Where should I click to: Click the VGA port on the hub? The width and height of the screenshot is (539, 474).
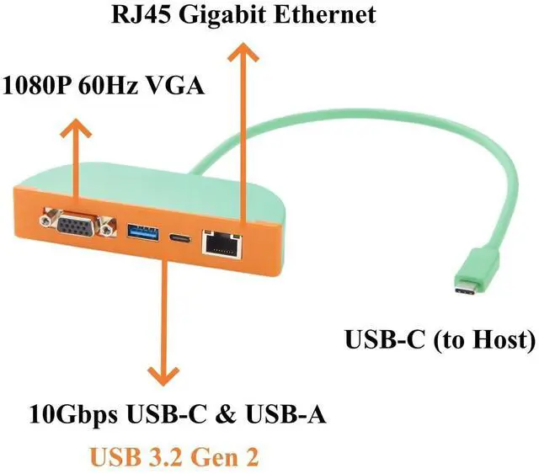77,224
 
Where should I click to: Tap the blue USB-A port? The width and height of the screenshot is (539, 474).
143,231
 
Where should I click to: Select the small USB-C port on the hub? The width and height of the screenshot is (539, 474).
179,238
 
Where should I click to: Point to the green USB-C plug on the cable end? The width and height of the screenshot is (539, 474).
477,274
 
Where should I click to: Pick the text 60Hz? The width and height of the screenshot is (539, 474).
109,85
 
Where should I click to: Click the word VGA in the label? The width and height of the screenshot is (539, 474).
175,85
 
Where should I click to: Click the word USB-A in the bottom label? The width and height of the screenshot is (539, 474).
286,414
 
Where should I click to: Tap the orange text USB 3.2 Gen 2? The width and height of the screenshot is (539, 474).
174,457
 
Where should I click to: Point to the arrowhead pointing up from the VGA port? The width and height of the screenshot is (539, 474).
76,128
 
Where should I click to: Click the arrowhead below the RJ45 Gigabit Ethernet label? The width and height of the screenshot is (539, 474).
243,52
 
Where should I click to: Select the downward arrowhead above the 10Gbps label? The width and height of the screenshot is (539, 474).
163,375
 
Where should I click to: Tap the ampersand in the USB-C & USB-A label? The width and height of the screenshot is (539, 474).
227,414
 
